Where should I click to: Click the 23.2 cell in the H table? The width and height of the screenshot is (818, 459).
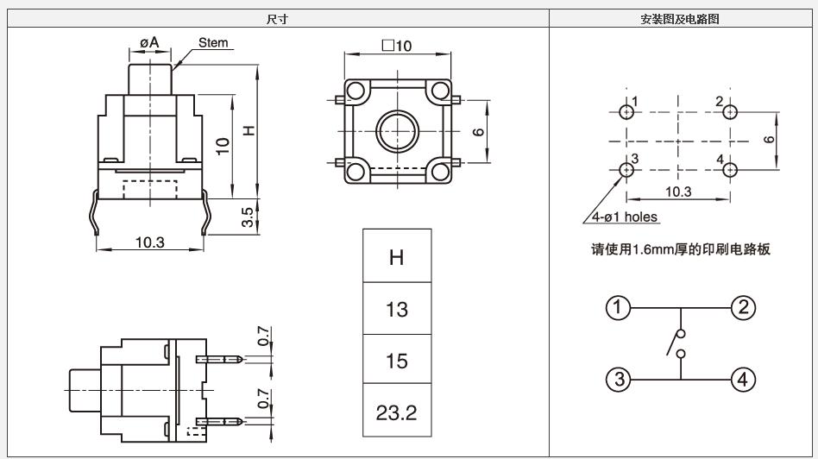click(x=396, y=412)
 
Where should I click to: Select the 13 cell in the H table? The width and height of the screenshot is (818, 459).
click(x=396, y=309)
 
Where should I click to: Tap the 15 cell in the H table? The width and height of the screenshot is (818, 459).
click(x=396, y=360)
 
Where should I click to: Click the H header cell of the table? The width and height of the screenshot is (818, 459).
click(x=396, y=257)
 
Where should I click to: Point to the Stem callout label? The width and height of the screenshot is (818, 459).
click(x=213, y=42)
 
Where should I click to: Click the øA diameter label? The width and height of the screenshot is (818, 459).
click(x=148, y=42)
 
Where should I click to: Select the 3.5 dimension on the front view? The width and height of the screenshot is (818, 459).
click(x=248, y=217)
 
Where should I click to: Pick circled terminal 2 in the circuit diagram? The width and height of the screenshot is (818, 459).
click(x=744, y=307)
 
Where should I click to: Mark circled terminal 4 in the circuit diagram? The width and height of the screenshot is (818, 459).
click(x=744, y=379)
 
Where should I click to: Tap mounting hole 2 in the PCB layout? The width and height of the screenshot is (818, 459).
click(x=731, y=111)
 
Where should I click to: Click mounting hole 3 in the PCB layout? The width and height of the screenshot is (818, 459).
click(x=626, y=170)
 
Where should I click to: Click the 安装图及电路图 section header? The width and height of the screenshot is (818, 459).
click(x=680, y=19)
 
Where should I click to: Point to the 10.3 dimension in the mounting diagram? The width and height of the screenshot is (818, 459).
click(x=679, y=192)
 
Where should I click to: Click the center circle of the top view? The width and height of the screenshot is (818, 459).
click(x=398, y=131)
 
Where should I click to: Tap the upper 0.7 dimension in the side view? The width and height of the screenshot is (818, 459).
click(x=263, y=335)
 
